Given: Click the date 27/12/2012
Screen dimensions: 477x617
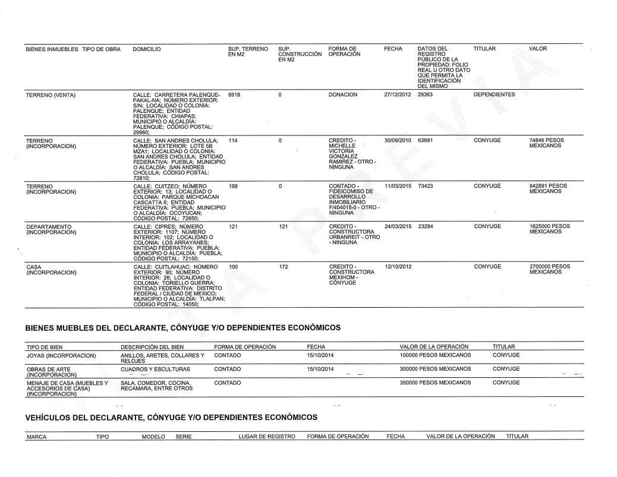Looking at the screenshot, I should coord(399,94).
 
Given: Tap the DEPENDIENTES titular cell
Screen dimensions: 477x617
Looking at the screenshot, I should coord(494,94).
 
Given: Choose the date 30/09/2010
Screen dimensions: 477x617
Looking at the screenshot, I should coord(399,140).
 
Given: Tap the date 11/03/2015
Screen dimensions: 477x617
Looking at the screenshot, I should coord(399,186).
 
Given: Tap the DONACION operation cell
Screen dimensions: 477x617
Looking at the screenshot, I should coord(346,94).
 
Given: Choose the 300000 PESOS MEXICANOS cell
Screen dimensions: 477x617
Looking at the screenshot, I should coord(436,369).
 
